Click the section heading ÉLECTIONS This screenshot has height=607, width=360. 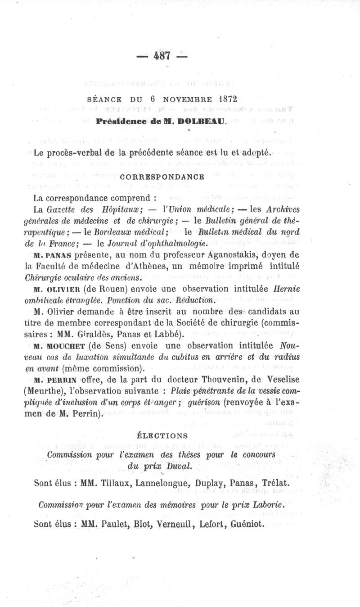click(162, 436)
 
